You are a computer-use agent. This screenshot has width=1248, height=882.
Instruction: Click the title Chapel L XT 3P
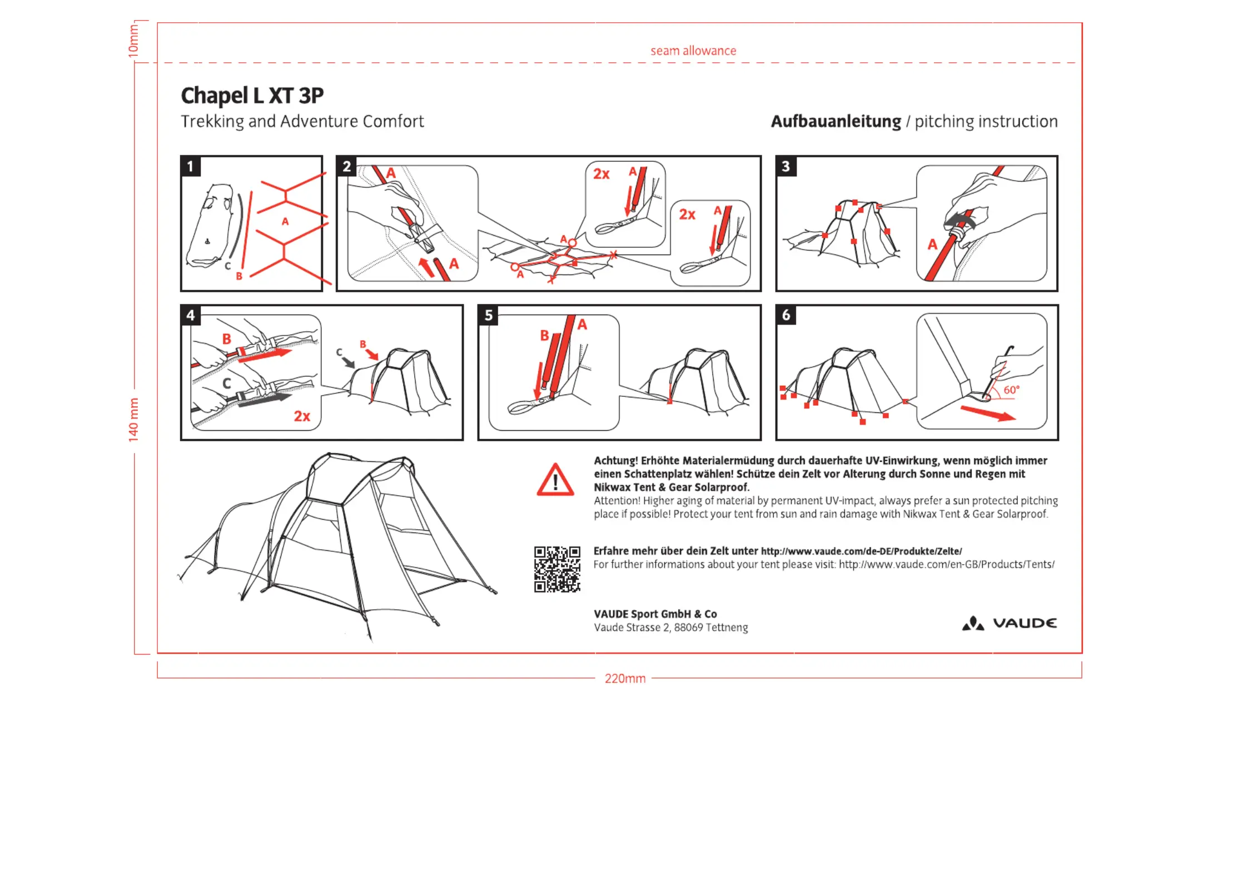(252, 96)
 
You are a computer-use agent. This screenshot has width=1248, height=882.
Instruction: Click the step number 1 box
(190, 166)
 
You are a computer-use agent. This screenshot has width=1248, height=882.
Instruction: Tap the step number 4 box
(190, 315)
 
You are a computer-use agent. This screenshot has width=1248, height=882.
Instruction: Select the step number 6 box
(785, 315)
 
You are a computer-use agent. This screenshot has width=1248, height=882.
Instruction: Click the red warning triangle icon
(555, 480)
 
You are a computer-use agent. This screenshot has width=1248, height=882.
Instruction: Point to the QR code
(557, 569)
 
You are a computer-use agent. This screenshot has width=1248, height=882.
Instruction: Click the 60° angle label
(1011, 390)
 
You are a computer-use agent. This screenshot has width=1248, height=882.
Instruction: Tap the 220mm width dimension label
(625, 679)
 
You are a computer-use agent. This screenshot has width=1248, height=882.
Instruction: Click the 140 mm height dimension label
(133, 420)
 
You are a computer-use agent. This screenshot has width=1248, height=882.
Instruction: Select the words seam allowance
(693, 51)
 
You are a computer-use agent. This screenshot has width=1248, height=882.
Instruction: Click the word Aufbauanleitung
(836, 121)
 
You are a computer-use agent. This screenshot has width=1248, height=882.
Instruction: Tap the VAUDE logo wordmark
(1025, 623)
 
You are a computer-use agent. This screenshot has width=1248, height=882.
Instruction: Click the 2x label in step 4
(302, 416)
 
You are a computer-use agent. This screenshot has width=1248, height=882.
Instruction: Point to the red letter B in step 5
(544, 335)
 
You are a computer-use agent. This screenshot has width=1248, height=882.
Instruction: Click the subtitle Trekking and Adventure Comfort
(302, 121)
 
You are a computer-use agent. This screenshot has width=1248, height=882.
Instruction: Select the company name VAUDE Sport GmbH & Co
(655, 614)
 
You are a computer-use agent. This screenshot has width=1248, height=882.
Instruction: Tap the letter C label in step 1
(227, 266)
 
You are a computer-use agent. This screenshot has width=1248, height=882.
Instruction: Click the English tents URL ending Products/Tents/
(946, 565)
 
